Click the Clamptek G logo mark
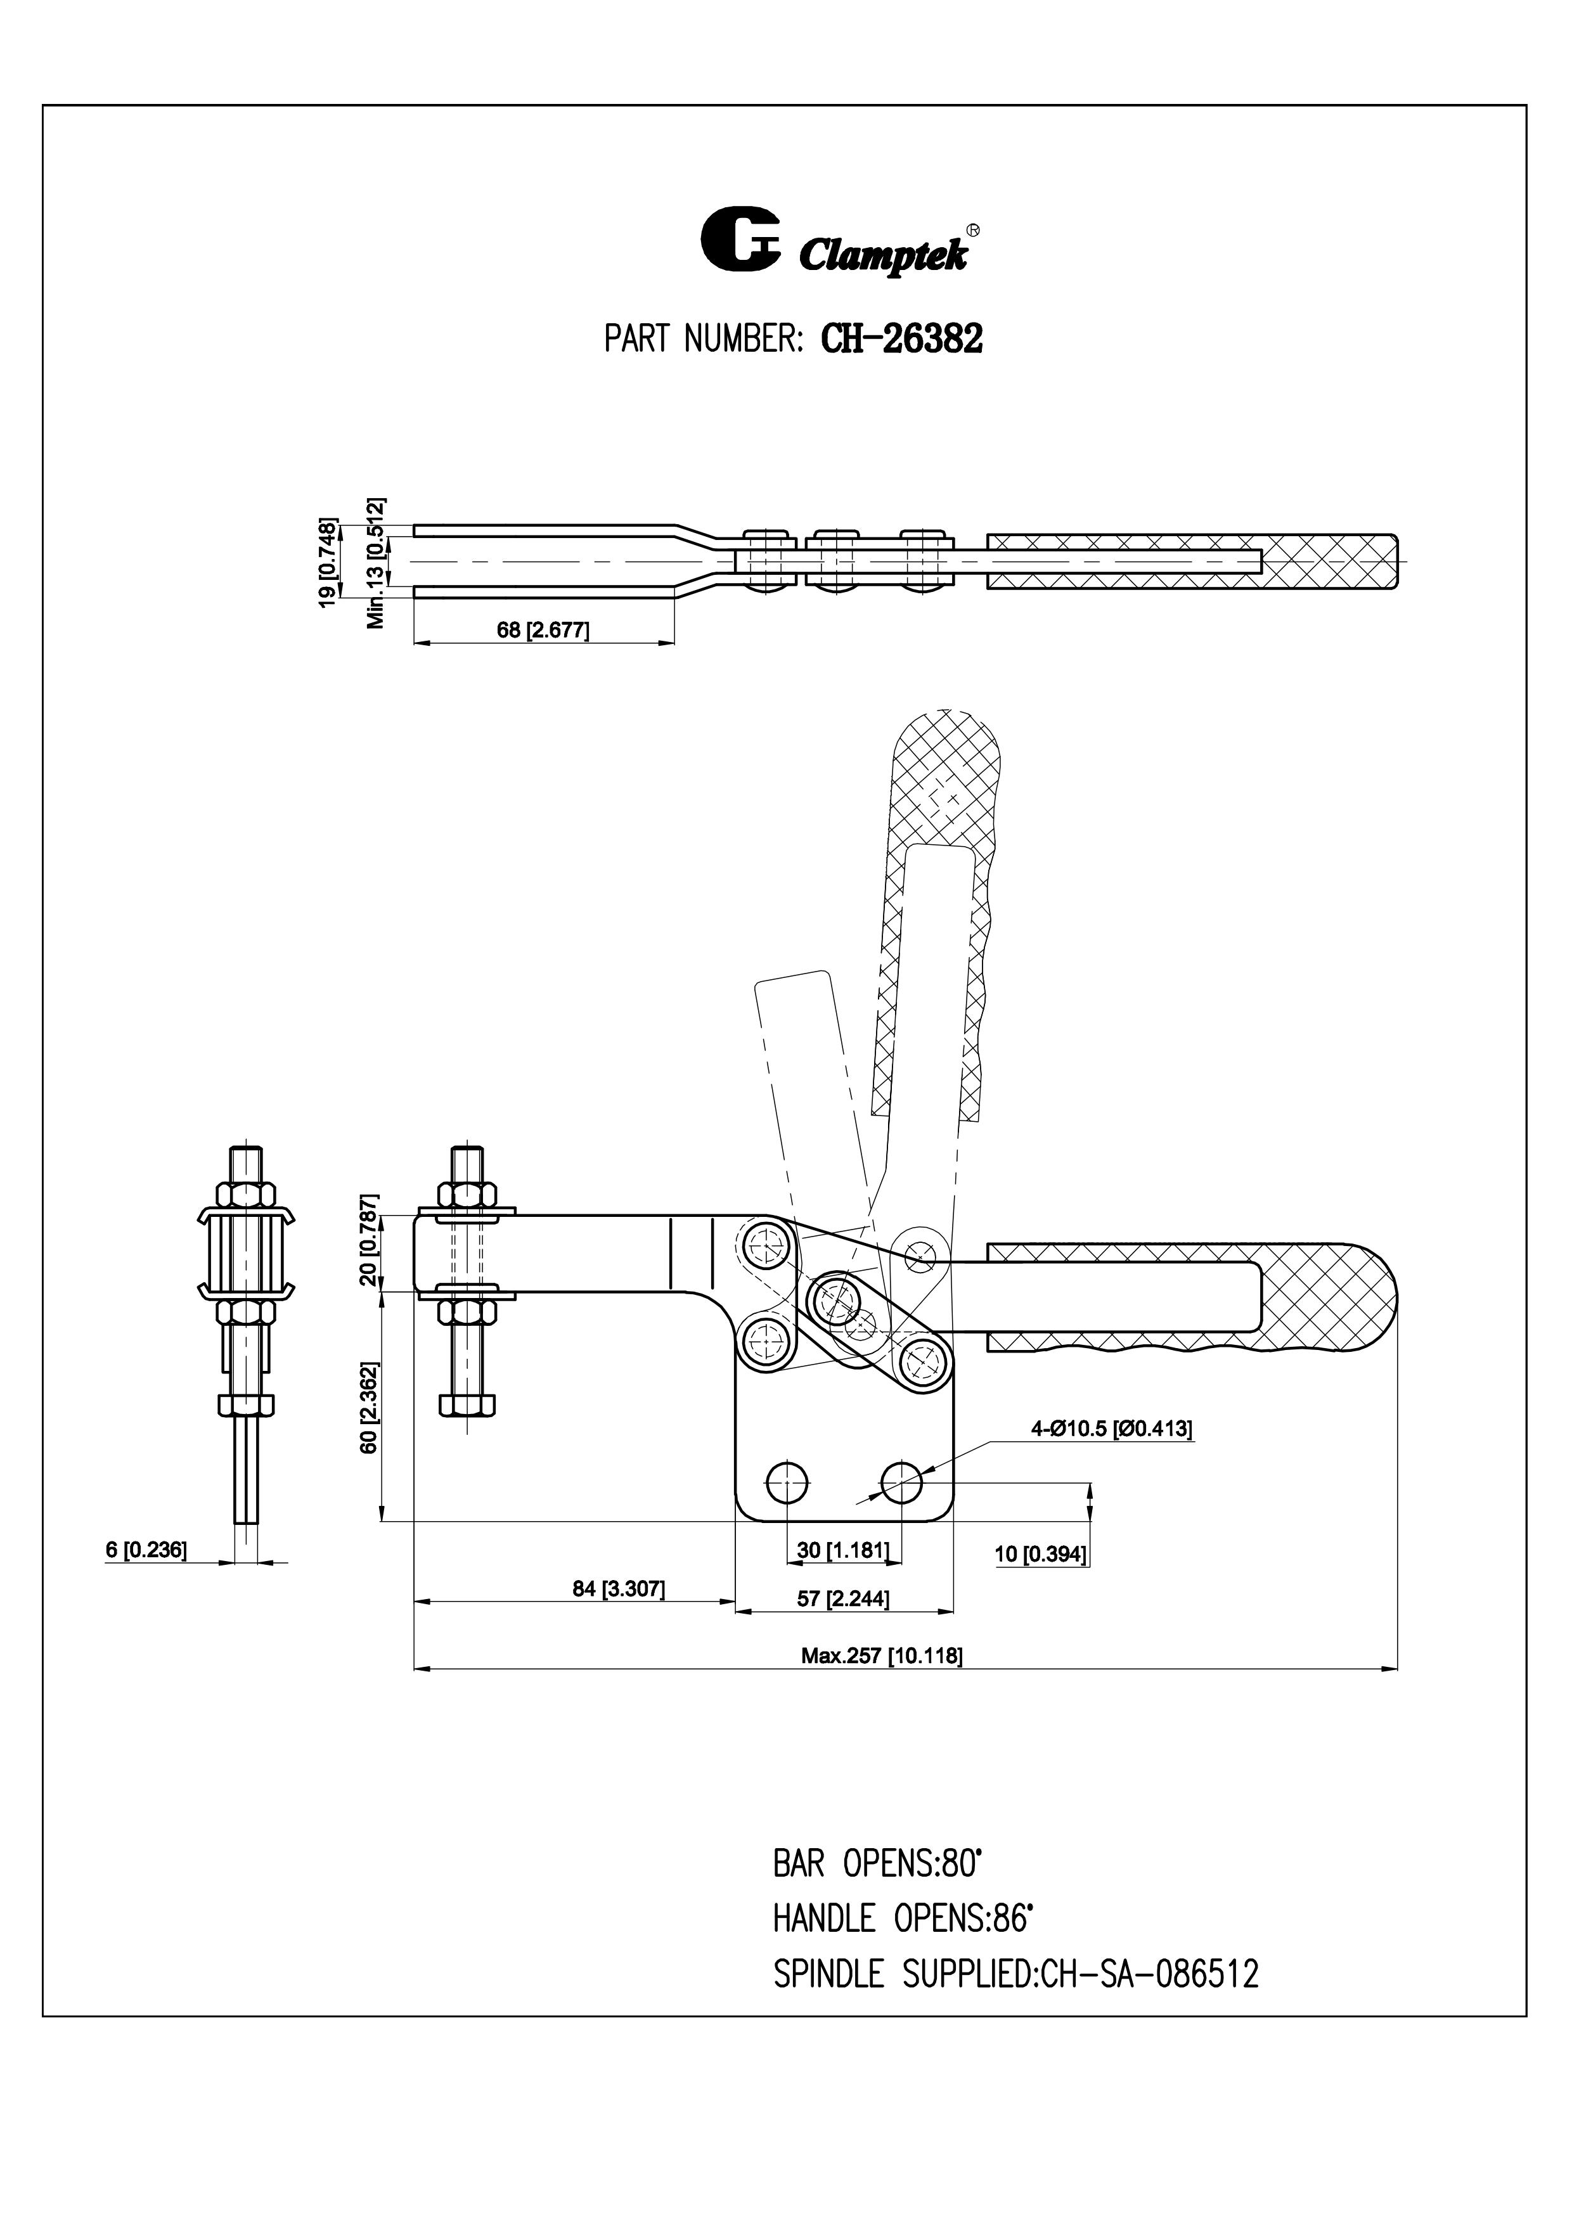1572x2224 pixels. click(740, 238)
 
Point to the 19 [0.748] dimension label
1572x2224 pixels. click(328, 563)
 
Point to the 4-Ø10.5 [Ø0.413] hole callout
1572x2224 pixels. click(1111, 1429)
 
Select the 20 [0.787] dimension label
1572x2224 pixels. click(369, 1252)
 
